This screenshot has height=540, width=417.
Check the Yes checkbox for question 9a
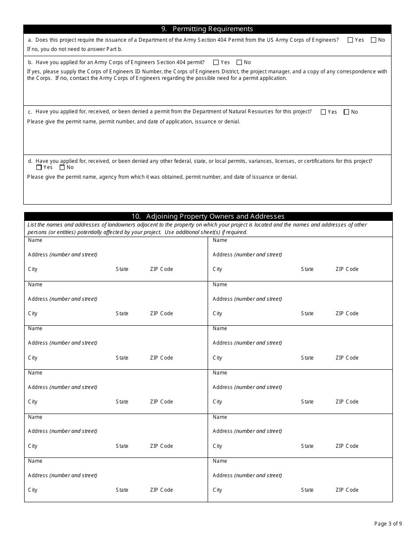[x=350, y=40]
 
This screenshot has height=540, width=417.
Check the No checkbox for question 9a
[x=374, y=40]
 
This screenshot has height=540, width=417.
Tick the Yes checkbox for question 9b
[x=216, y=62]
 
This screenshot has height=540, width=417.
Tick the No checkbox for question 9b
[x=239, y=62]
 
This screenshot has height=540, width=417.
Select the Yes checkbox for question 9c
[x=324, y=112]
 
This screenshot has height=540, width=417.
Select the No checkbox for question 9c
[x=346, y=112]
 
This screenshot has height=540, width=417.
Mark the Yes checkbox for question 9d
[x=39, y=167]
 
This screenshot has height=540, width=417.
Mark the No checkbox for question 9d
[x=62, y=167]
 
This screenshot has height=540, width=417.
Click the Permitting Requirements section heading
[x=207, y=29]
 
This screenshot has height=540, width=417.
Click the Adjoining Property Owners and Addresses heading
[x=208, y=216]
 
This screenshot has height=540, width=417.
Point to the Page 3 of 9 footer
[x=388, y=523]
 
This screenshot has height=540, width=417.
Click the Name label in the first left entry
[x=35, y=240]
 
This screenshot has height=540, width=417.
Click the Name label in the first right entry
[x=220, y=240]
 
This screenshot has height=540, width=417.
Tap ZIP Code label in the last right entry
[x=347, y=490]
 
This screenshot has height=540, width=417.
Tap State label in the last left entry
[x=122, y=490]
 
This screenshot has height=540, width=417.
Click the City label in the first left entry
[x=33, y=269]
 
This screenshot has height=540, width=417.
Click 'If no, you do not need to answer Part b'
[x=75, y=49]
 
